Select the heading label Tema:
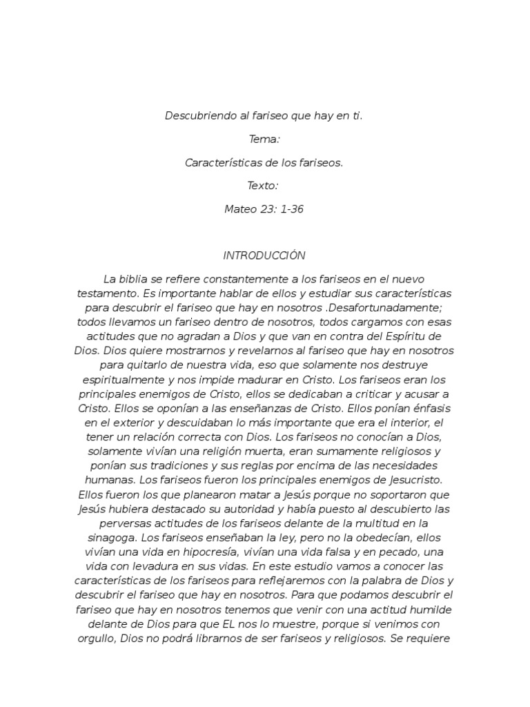tap(264, 139)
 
